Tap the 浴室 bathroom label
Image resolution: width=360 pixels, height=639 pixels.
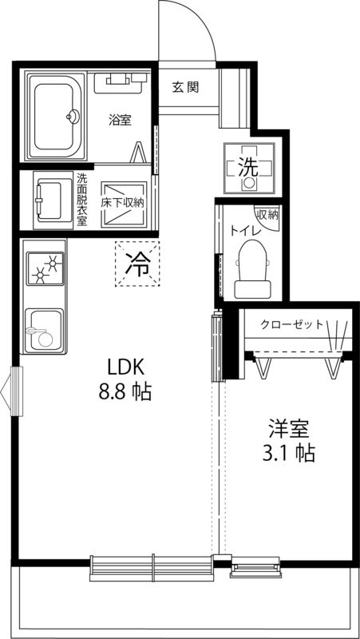pos(120,120)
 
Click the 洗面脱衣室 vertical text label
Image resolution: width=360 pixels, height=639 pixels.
pos(82,200)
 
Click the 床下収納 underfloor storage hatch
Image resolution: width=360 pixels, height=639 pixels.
pos(122,203)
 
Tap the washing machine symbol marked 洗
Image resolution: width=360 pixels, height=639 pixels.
pos(249,169)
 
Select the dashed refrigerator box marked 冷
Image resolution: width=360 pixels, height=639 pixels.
pos(137,263)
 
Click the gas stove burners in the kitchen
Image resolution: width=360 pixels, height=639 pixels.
pos(45,268)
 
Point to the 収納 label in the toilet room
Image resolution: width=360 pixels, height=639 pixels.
pos(267,214)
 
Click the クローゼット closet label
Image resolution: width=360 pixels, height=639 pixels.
pos(291,324)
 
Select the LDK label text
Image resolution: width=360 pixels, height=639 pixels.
pos(125,367)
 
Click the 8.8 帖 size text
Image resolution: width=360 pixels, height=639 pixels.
pos(125,393)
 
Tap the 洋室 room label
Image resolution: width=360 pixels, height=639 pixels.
pos(287,428)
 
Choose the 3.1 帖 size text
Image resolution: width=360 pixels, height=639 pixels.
pos(288,454)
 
